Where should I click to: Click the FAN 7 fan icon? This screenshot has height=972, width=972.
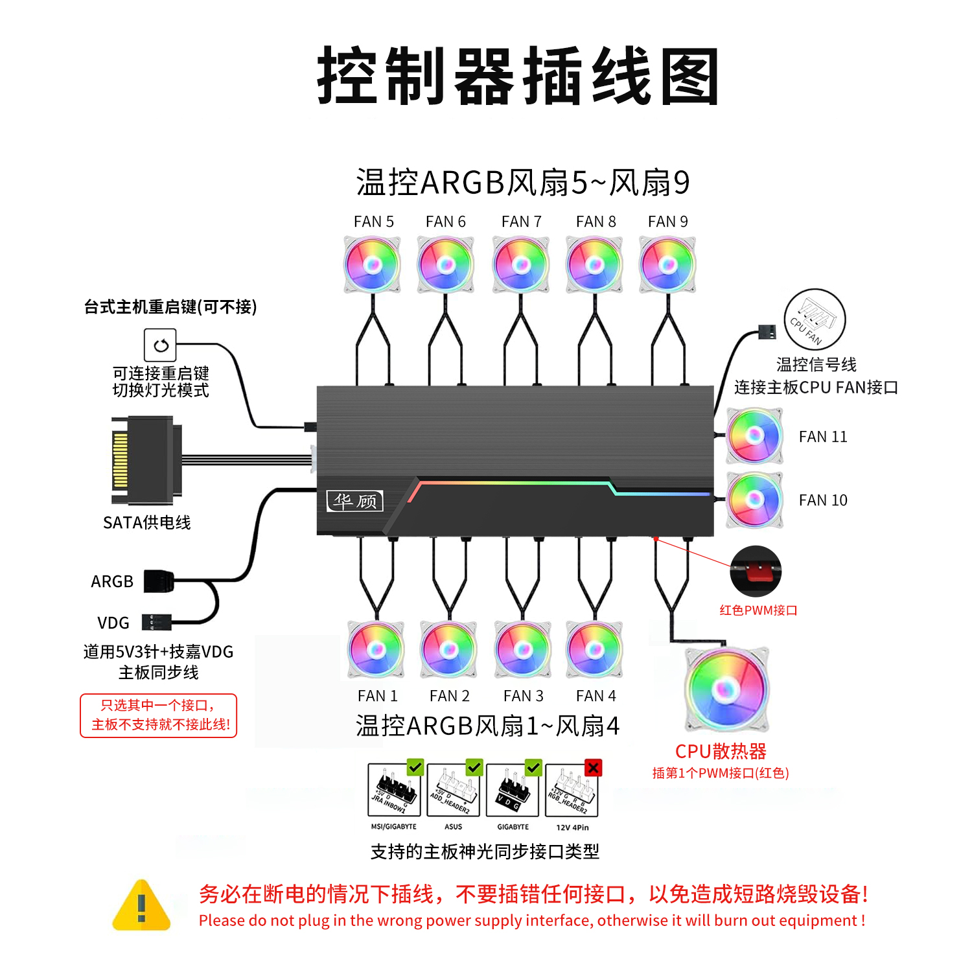[521, 264]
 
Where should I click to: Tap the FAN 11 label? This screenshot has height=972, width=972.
[822, 437]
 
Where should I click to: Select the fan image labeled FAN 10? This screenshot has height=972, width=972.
[754, 499]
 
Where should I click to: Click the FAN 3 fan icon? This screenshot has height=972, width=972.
[522, 649]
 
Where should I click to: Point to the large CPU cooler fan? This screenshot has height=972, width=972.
[726, 689]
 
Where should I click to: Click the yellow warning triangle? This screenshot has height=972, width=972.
[141, 906]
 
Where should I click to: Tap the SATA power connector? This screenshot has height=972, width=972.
[146, 461]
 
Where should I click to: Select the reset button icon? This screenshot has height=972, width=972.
[160, 345]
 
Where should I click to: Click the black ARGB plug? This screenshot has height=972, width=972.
[159, 581]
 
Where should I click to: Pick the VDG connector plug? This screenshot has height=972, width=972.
[156, 623]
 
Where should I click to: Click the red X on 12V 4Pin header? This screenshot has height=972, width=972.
[593, 768]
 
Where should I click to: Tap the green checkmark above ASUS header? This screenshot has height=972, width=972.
[474, 767]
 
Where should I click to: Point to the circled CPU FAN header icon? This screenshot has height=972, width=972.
[815, 319]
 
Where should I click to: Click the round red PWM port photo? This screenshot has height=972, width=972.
[756, 571]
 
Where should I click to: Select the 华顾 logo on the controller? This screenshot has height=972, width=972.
[354, 501]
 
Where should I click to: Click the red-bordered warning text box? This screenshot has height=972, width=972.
[159, 715]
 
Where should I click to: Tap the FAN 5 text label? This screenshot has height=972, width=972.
[373, 222]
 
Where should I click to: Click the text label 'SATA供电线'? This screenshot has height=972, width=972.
[146, 522]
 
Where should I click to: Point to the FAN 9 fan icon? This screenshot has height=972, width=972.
[667, 264]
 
